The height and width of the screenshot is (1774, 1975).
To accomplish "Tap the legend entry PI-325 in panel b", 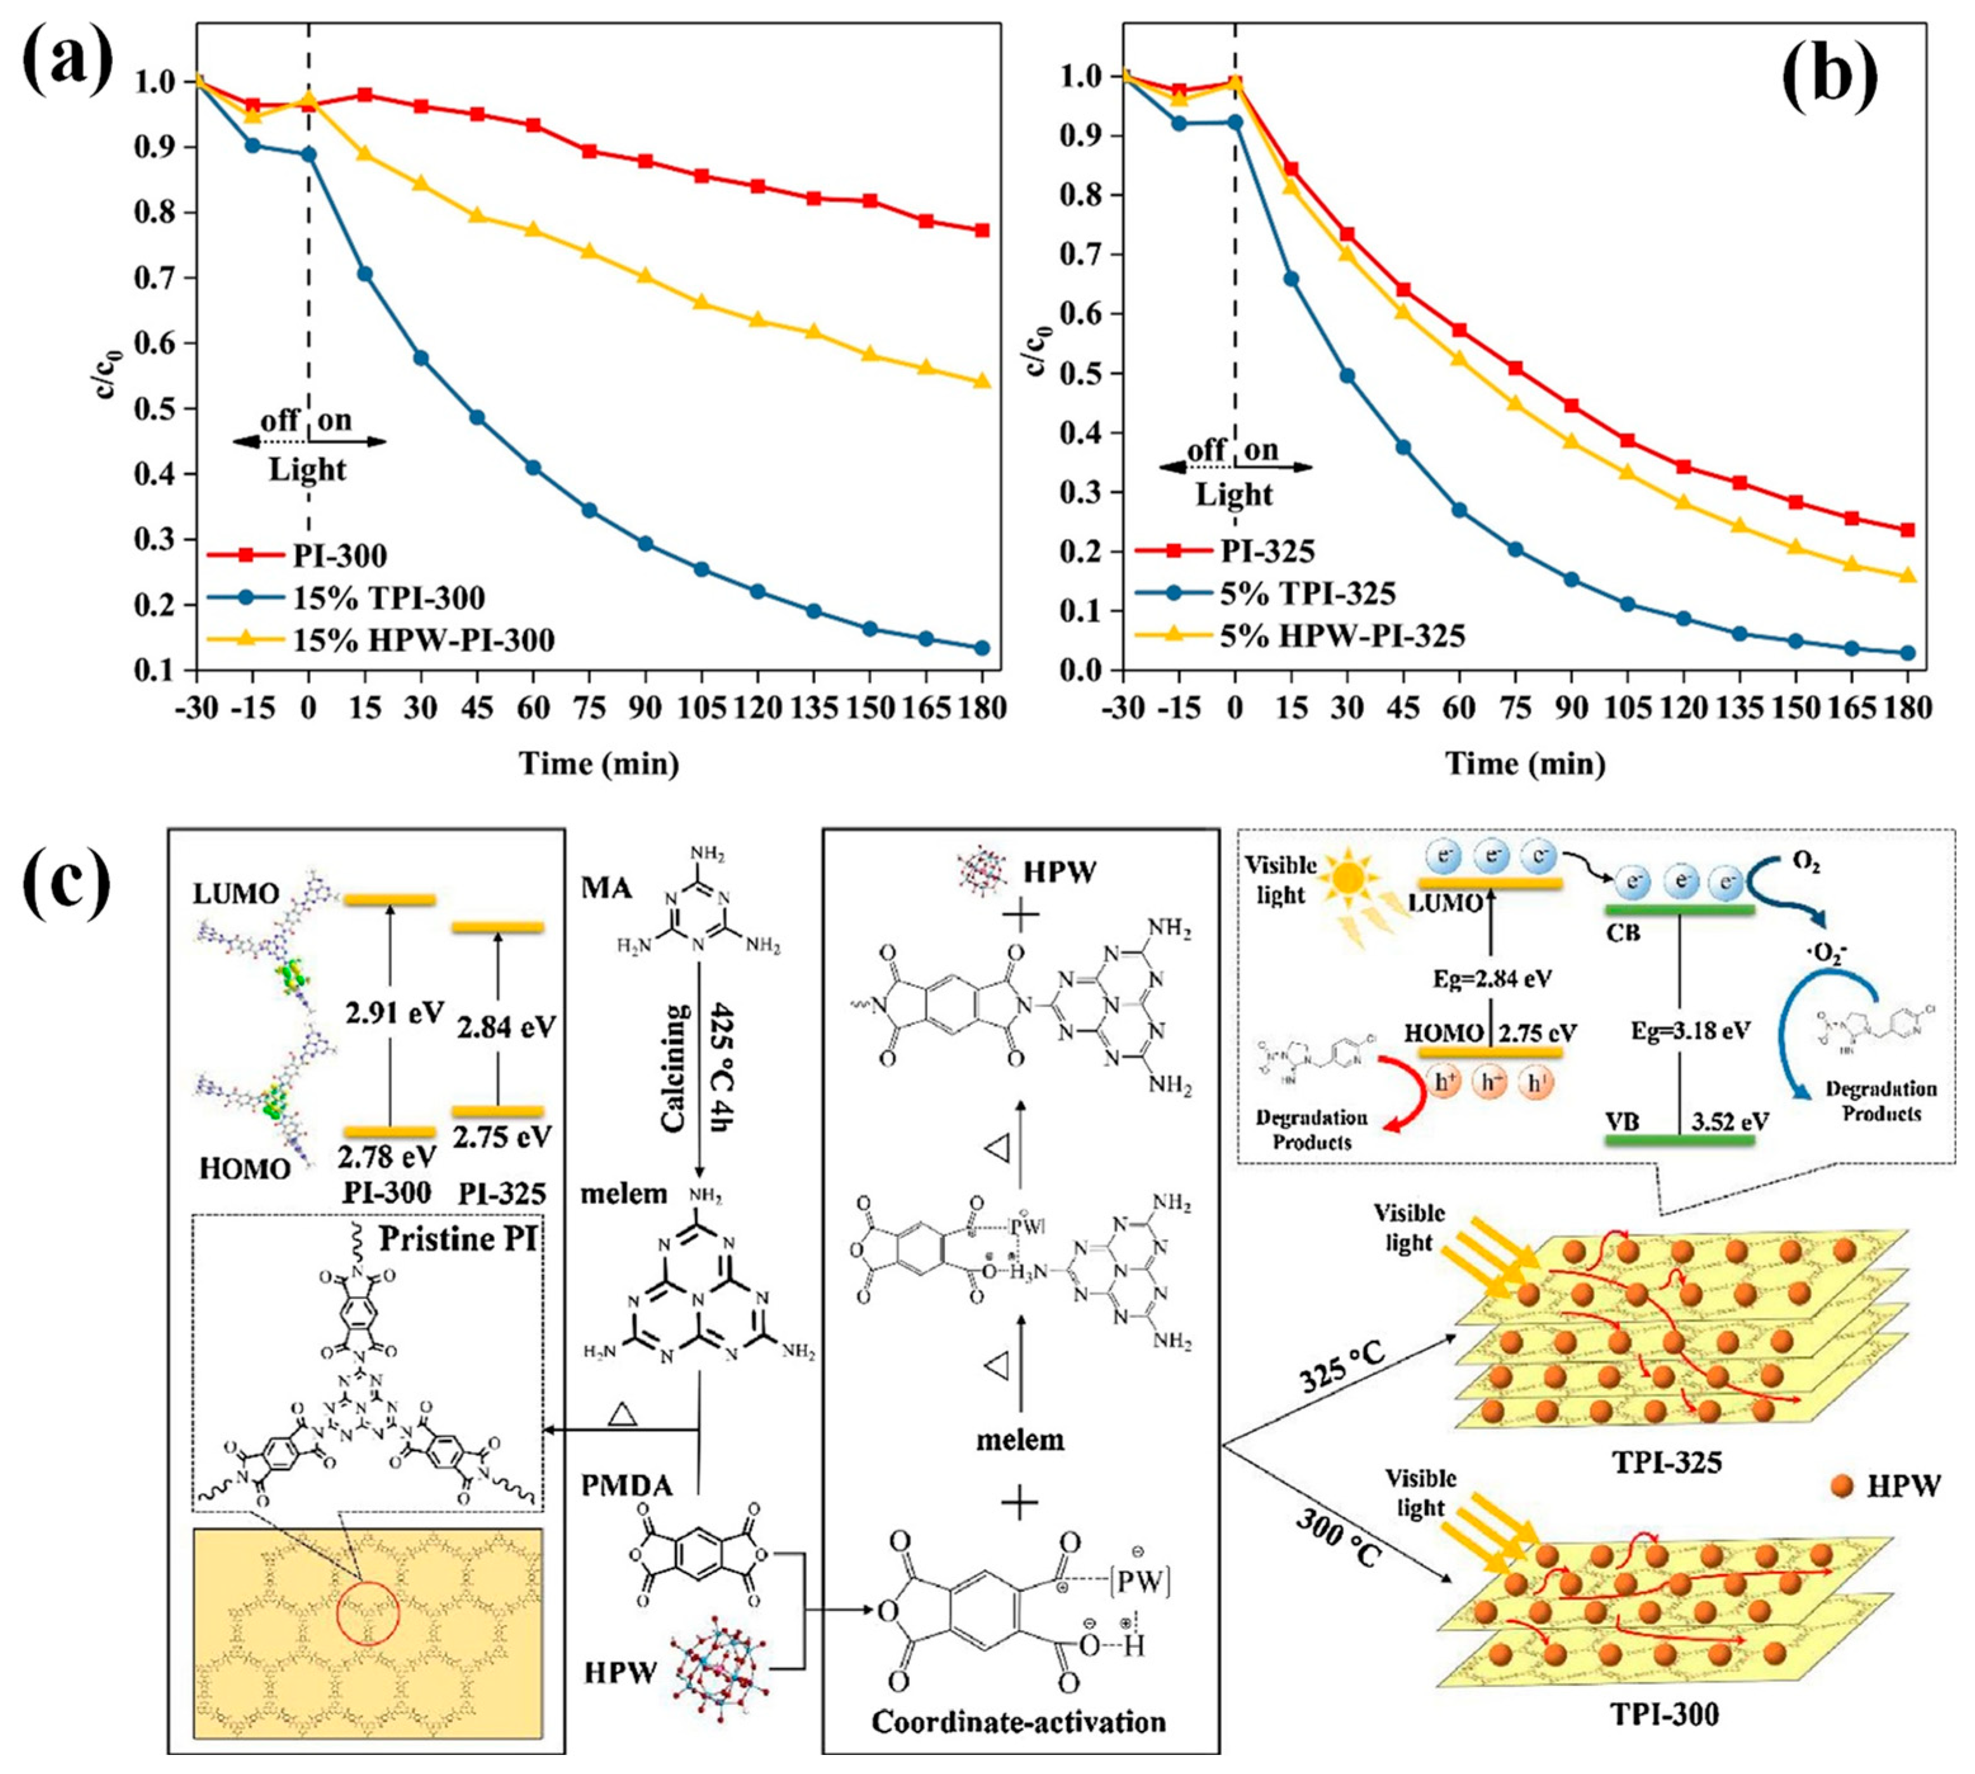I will click(x=1267, y=552).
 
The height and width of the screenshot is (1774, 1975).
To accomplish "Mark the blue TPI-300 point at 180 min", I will click(x=981, y=647).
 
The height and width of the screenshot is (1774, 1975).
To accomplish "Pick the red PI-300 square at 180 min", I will click(x=981, y=231).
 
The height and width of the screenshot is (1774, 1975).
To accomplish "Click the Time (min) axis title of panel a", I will click(x=598, y=763).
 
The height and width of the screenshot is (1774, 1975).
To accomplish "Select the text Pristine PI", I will click(x=458, y=1240).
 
